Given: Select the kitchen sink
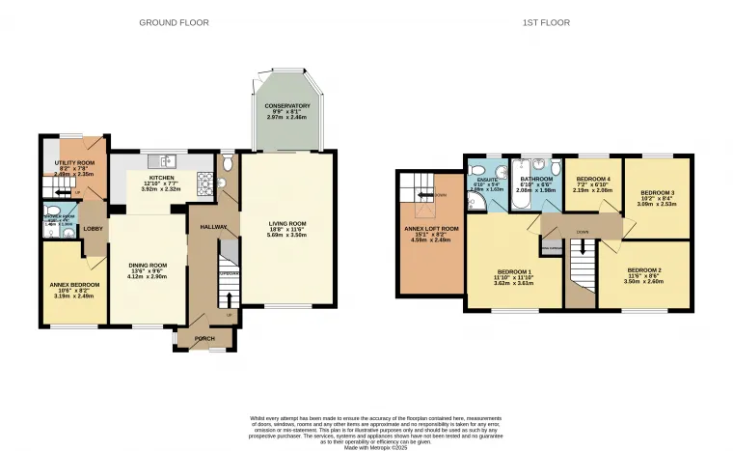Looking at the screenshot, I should [167, 159].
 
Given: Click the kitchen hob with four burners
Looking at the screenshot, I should [204, 180].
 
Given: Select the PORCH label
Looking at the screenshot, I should [204, 338].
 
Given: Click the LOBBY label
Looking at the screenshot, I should [93, 229].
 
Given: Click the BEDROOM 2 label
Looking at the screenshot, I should [645, 269].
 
